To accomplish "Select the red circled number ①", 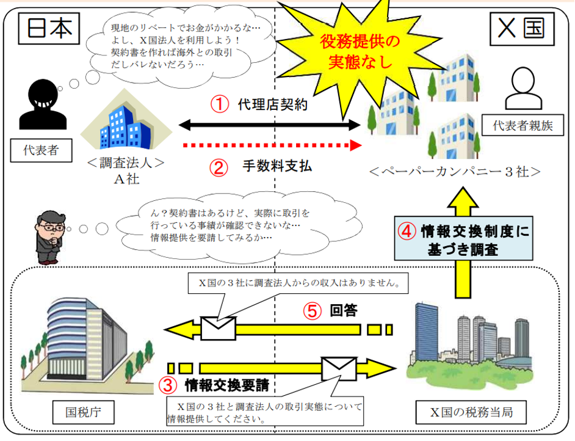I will (219, 104).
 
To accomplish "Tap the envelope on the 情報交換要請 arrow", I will (339, 367).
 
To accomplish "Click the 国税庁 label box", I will (83, 412).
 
